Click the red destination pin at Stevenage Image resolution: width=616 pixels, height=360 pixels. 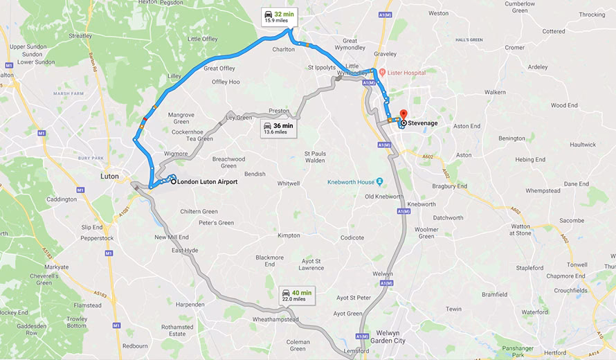(404, 114)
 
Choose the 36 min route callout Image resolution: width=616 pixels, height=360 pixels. (278, 129)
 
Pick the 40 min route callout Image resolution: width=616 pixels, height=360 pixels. (297, 296)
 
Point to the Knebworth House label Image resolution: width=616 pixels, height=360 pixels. (351, 182)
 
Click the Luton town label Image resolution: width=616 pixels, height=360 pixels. (110, 176)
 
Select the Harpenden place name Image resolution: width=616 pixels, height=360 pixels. (190, 305)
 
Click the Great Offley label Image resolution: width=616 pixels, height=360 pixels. (219, 68)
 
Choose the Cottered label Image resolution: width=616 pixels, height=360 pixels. (554, 31)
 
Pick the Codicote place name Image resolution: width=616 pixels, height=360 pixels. (352, 237)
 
